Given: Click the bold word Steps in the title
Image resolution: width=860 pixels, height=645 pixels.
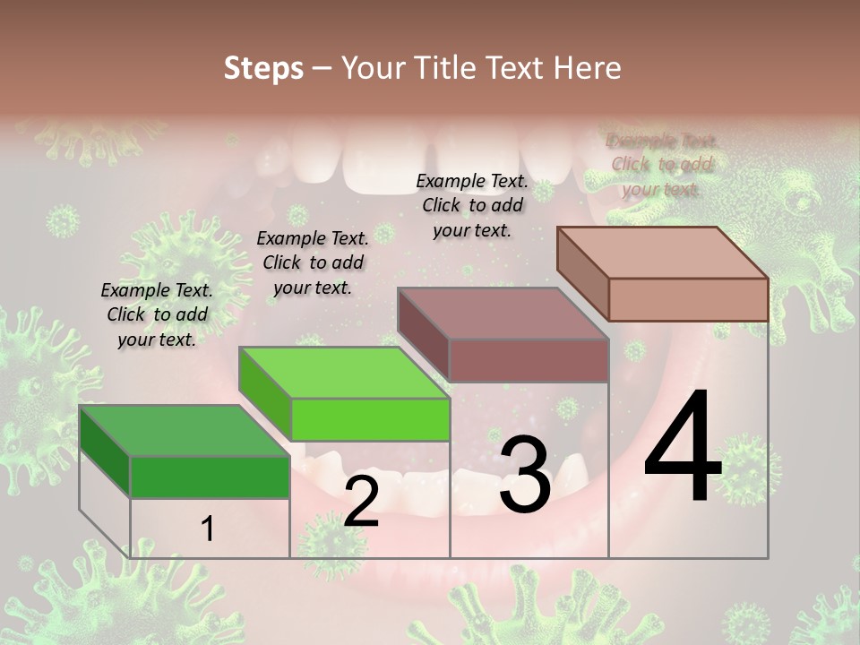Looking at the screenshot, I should tap(263, 68).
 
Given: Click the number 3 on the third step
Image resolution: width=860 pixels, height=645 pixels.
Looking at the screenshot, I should tap(524, 474).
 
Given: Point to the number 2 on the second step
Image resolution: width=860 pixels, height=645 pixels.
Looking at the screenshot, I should tap(361, 502).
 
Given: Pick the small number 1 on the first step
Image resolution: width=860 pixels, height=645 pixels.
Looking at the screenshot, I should tap(208, 529).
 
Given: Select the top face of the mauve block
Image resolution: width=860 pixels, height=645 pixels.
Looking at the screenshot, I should tap(503, 314).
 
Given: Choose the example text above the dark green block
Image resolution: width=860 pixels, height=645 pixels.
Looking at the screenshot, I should tap(157, 314).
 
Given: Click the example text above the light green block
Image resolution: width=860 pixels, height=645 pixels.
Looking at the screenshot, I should tap(313, 262).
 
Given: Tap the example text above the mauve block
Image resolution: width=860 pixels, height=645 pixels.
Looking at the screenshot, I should tap(472, 205).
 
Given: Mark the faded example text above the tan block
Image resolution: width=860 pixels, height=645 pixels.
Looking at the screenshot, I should tap(662, 165).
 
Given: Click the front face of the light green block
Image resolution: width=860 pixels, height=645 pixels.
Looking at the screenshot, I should tap(370, 420).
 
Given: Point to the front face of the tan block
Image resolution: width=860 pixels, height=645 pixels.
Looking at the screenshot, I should tap(688, 299).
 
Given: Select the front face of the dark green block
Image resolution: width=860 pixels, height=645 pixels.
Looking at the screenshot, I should tap(210, 477).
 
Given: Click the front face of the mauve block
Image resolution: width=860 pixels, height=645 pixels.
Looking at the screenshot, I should tap(529, 360).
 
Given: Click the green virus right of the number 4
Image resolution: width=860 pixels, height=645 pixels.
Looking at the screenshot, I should tap(749, 467).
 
